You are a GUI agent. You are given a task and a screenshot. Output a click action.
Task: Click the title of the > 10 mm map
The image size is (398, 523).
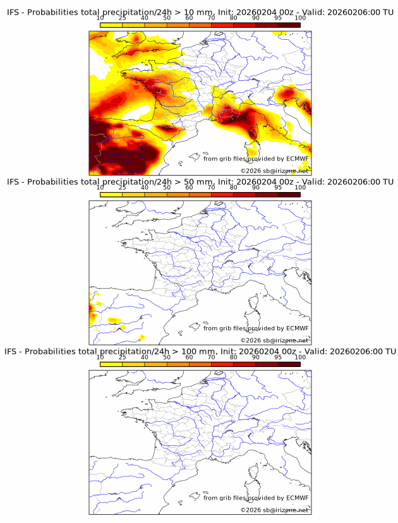200,12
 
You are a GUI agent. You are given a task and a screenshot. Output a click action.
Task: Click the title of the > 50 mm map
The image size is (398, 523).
200,182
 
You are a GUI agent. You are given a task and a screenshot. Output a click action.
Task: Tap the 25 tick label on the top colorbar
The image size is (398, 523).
123,18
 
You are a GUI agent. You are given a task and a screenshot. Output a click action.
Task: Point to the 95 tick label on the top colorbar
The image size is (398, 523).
278,18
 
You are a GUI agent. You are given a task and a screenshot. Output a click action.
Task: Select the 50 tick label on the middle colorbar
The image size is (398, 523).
167,188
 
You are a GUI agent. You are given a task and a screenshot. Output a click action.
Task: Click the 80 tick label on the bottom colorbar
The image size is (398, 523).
234,358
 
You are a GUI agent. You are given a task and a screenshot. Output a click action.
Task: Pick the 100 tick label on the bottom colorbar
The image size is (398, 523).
300,358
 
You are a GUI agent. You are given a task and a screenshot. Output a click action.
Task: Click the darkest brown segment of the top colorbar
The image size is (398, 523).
289,25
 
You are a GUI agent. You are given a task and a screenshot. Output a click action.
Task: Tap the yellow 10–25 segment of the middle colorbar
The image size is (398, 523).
111,195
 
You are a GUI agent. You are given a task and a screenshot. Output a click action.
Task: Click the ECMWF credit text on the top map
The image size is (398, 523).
256,159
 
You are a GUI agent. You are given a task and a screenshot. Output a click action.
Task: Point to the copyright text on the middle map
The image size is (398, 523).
274,340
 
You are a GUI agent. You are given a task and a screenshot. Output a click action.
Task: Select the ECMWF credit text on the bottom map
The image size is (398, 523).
256,498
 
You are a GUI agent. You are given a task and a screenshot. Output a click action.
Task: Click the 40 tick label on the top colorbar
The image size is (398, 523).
145,18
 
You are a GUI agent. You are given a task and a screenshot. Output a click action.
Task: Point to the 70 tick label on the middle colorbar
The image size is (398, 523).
211,188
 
